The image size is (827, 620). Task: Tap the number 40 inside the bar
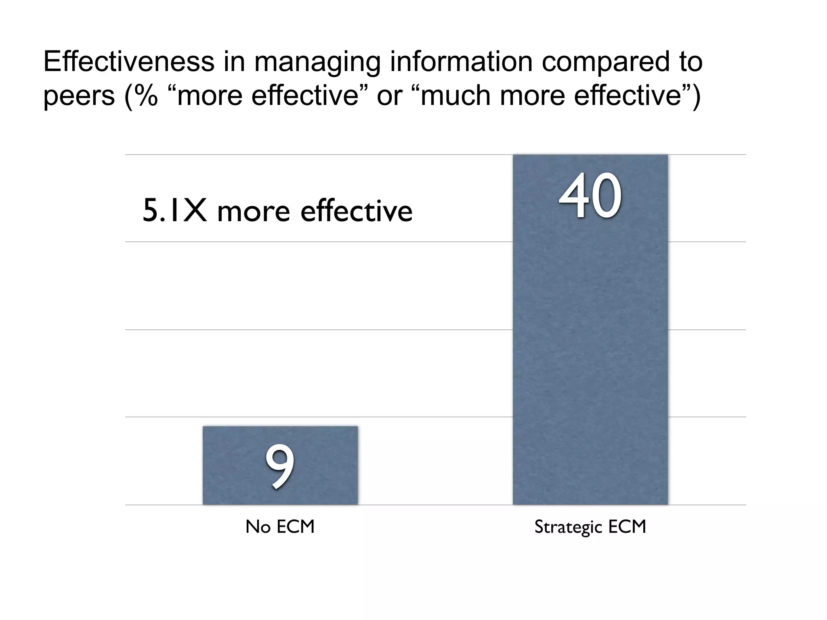pos(590,196)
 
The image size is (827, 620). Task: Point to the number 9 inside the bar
pos(279,466)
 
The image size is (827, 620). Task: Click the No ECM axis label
pos(280,527)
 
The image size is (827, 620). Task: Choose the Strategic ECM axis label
pos(590,527)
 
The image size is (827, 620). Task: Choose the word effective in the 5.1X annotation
pos(356,211)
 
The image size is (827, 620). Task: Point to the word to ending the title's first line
pos(691,63)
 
